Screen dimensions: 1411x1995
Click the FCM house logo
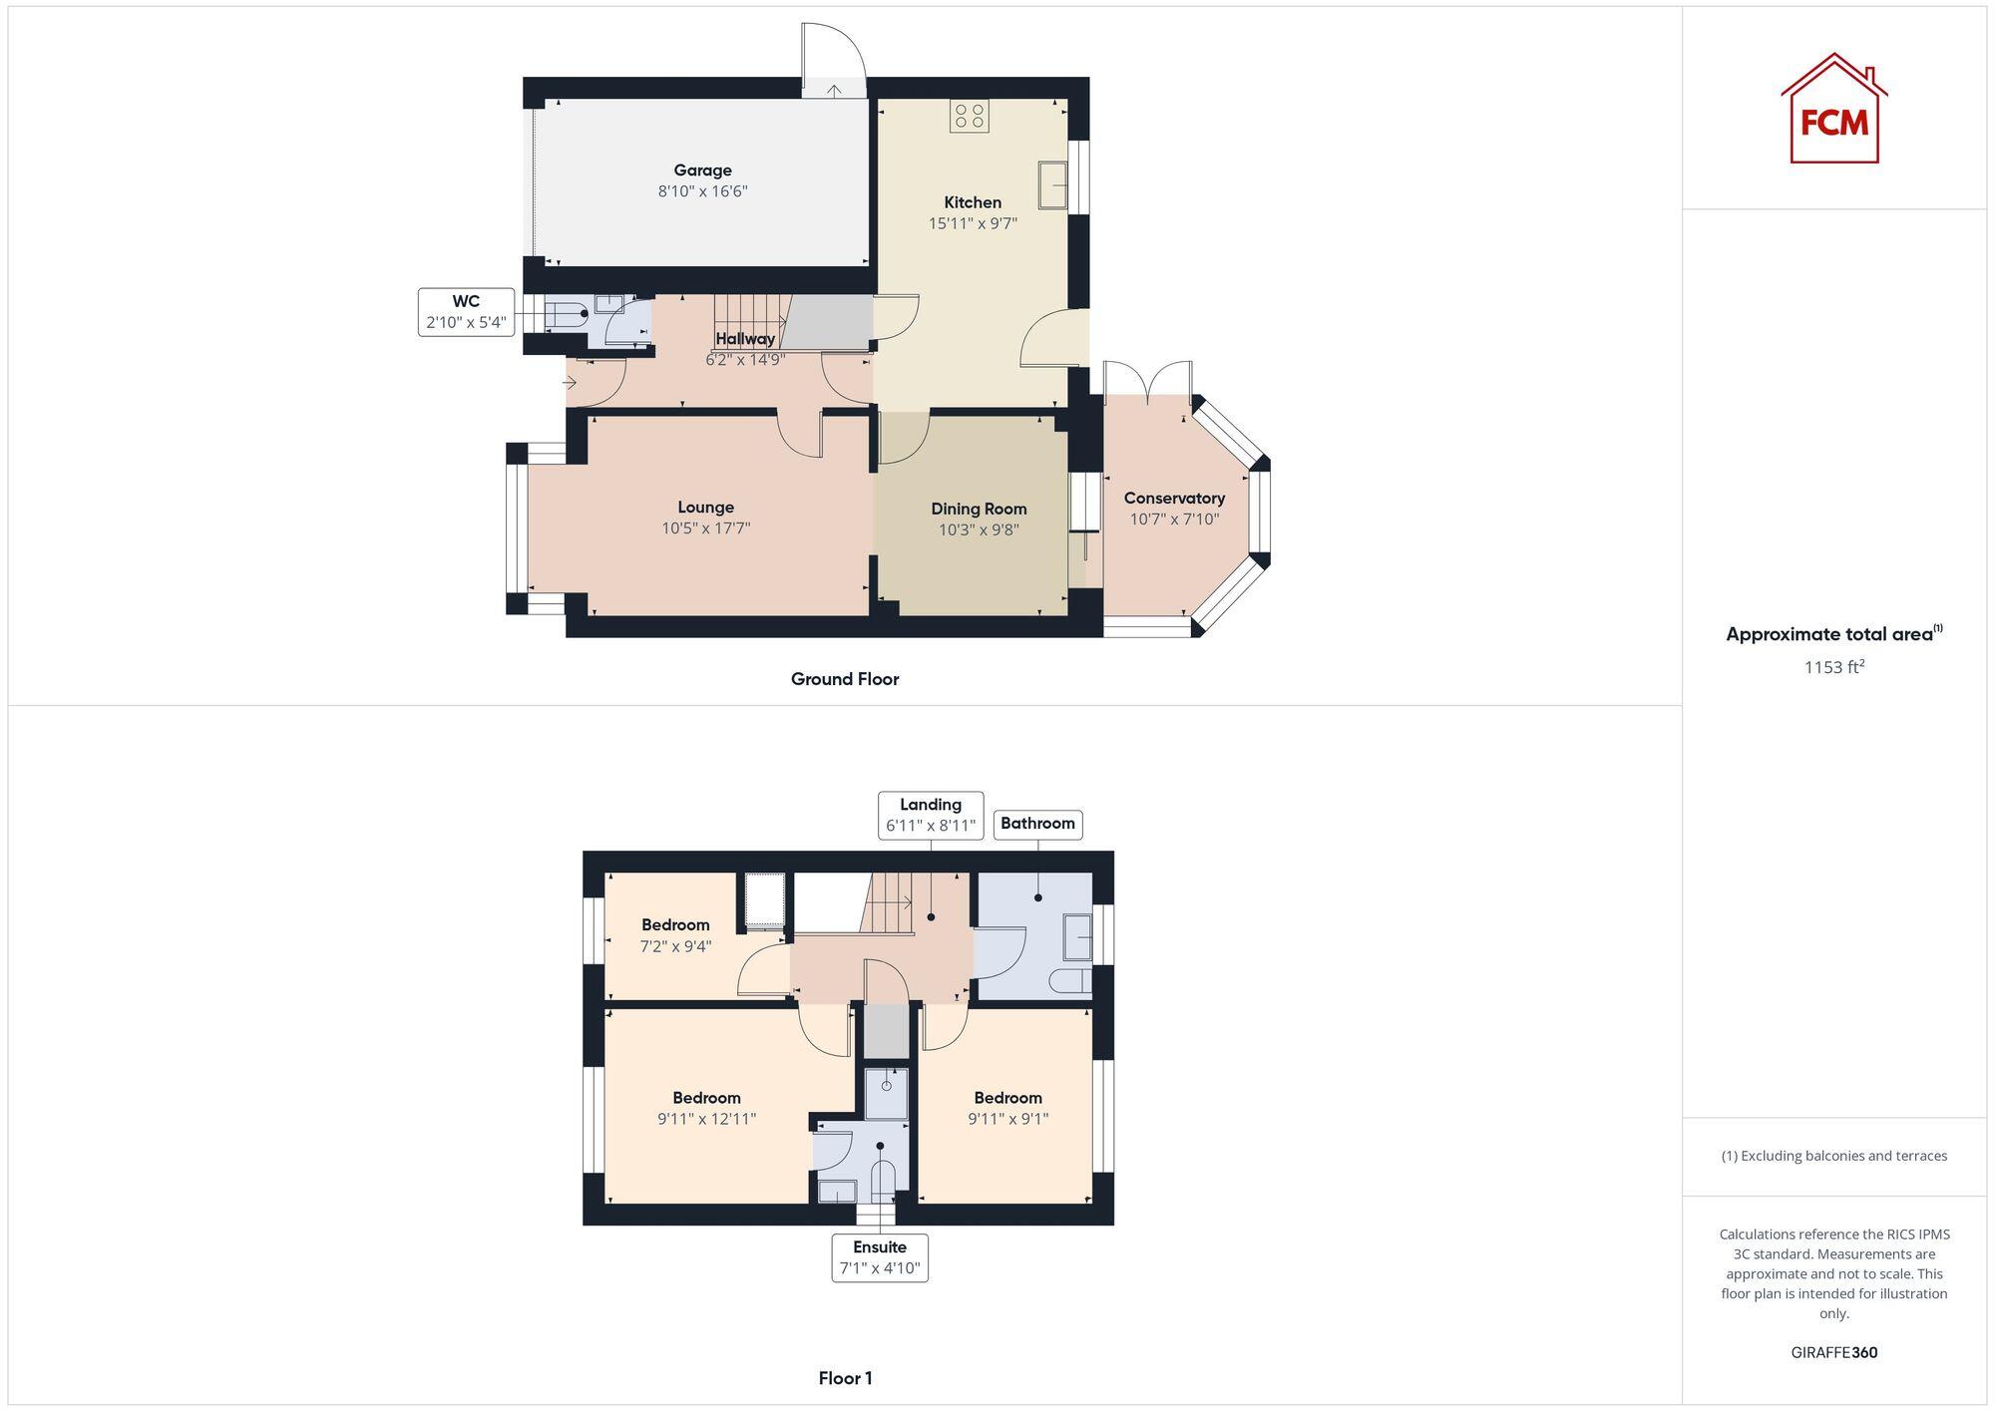1833,109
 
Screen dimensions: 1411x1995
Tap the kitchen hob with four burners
969,117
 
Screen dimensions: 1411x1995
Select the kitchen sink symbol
1052,184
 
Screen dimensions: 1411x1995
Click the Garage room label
702,171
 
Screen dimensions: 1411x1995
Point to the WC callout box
466,312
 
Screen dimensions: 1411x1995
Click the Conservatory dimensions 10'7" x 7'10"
1174,520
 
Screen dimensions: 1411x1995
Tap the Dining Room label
979,509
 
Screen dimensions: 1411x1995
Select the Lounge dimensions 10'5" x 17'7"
705,529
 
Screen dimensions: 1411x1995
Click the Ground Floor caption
845,679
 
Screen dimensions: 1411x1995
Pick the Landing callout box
931,815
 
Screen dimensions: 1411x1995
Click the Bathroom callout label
1037,824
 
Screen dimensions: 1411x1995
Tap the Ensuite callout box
880,1257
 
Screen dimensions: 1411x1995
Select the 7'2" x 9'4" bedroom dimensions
675,946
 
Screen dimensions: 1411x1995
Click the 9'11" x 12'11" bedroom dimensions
706,1119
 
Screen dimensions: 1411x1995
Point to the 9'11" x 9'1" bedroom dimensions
1007,1119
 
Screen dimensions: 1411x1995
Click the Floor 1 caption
845,1378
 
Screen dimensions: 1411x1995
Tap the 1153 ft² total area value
1833,667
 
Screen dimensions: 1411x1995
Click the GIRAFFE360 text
1833,1353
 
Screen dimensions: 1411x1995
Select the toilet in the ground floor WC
566,314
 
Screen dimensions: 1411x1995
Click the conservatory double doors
1148,379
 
